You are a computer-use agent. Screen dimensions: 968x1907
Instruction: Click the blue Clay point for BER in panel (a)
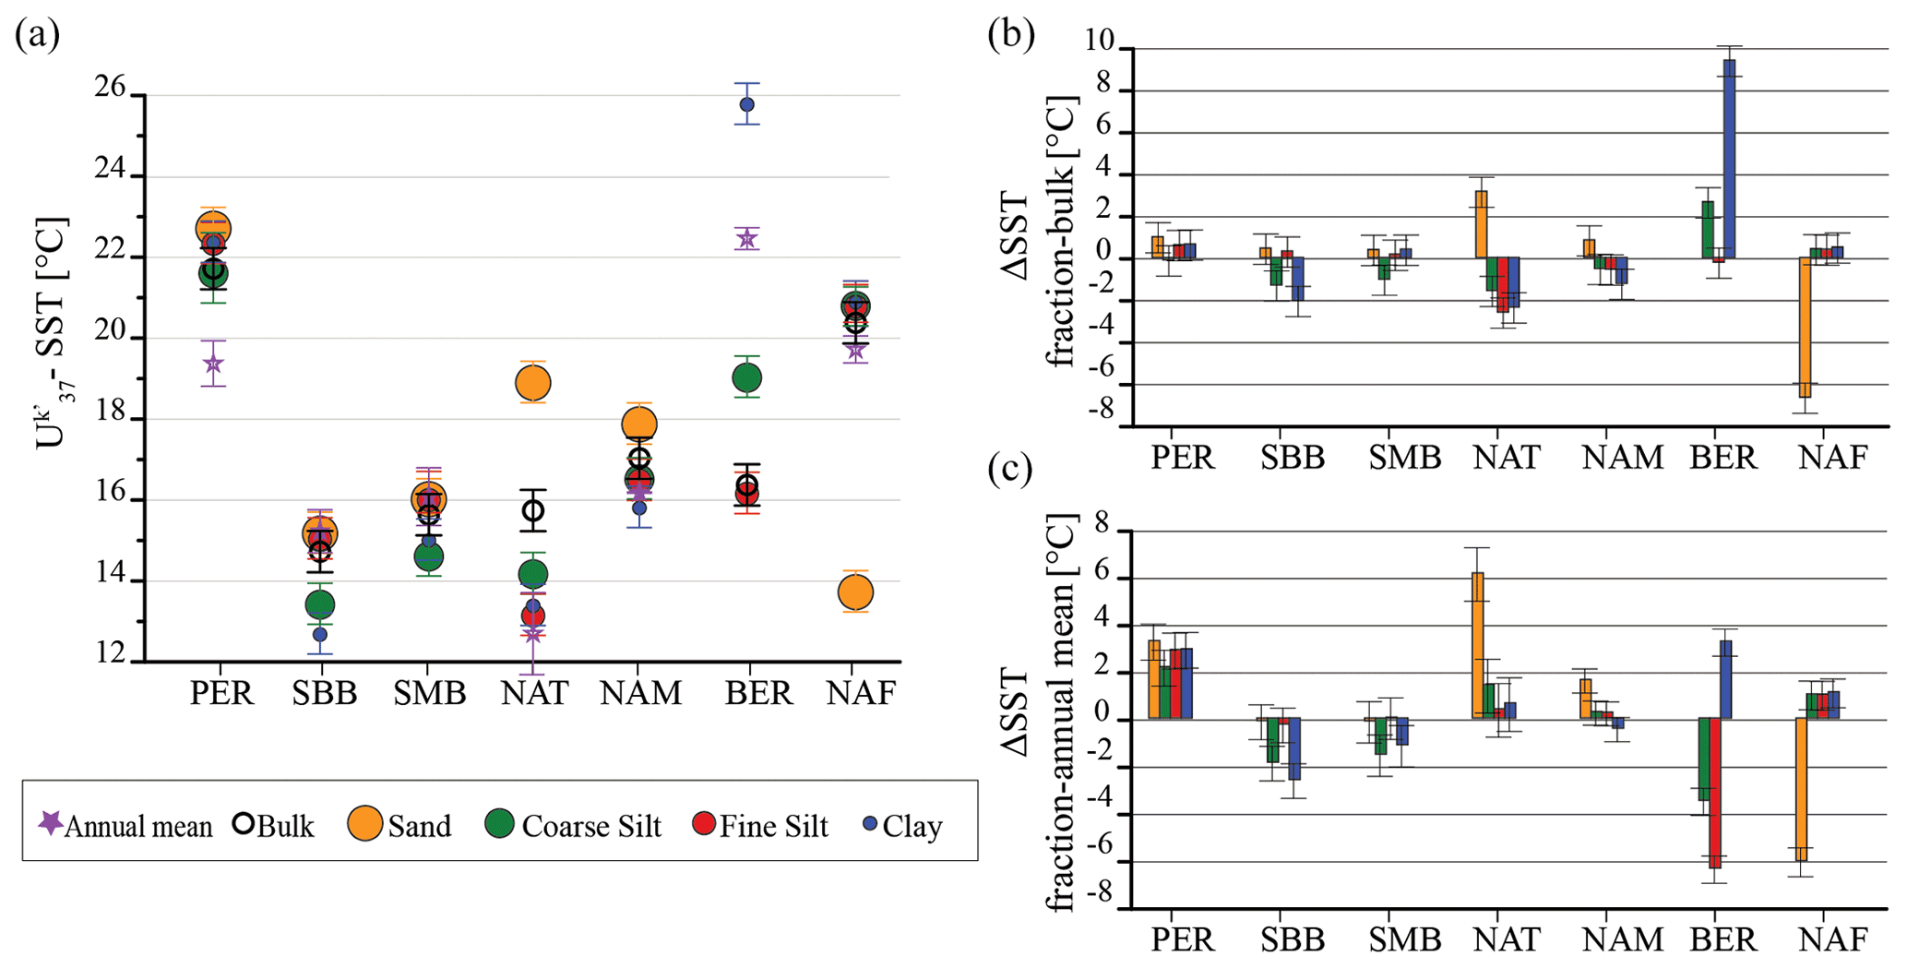coord(746,104)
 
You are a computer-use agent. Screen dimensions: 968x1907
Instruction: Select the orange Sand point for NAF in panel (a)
coord(855,592)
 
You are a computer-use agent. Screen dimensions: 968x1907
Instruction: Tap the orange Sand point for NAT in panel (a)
coord(533,382)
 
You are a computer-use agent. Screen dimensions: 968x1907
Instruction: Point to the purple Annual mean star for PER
coord(213,364)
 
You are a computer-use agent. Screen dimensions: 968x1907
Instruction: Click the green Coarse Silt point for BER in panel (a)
coord(746,377)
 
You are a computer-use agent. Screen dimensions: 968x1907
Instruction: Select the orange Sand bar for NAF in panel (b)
coord(1805,328)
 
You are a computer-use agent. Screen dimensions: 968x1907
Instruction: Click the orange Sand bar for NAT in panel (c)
coord(1478,646)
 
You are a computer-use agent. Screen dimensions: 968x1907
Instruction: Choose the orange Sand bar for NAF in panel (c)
coord(1801,789)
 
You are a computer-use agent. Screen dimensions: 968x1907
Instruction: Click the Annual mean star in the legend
coord(51,822)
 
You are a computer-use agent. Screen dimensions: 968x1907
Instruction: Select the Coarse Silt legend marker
coord(499,824)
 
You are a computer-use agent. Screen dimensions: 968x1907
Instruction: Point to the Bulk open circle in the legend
coord(243,824)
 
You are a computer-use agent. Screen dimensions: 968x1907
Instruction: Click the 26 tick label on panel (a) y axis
coord(110,88)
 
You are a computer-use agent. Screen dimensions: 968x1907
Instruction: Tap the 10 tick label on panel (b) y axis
coord(1100,42)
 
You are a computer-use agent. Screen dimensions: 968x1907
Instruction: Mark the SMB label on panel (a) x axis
coord(430,693)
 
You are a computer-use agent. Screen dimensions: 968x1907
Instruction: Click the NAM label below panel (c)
coord(1623,939)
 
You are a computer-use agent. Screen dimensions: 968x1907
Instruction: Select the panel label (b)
coord(1011,34)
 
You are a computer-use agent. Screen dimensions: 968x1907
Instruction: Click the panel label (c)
coord(1011,469)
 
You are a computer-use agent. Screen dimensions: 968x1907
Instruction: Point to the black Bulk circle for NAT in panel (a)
coord(533,510)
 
